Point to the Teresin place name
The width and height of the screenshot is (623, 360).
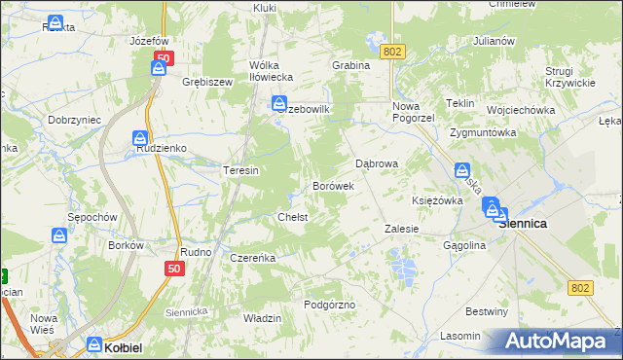click(x=240, y=170)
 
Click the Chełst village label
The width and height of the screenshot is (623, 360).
click(x=293, y=217)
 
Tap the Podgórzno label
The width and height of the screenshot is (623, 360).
click(x=329, y=305)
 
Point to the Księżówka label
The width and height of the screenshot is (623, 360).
click(x=437, y=199)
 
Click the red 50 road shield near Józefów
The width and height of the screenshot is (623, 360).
click(x=163, y=58)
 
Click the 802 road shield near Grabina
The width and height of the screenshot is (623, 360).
click(x=393, y=51)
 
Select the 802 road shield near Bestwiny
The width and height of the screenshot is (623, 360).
click(x=581, y=287)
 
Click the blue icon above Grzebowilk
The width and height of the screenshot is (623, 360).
click(x=279, y=101)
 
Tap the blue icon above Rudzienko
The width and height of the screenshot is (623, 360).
click(x=140, y=137)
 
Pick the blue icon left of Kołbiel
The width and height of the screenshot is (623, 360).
click(x=94, y=343)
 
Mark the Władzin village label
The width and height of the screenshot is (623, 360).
click(x=262, y=318)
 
